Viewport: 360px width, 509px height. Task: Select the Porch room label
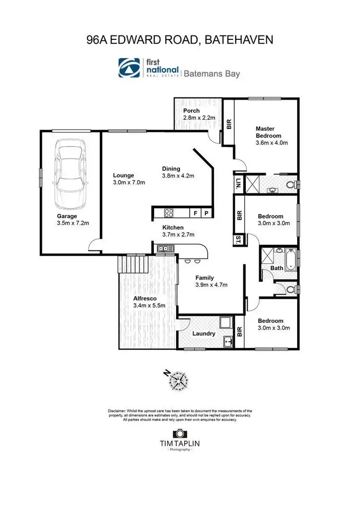(192, 111)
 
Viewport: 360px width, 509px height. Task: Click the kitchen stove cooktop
(169, 212)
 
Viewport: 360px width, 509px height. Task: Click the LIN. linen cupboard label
(238, 183)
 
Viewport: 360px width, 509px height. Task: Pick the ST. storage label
(238, 239)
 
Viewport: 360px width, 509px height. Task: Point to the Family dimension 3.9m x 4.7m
(211, 284)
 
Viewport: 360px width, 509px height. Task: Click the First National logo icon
(130, 68)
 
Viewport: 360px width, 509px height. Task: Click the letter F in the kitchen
(195, 213)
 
